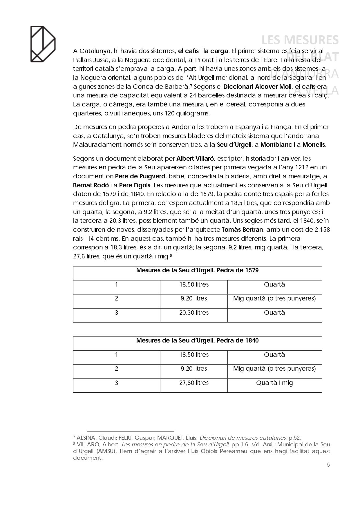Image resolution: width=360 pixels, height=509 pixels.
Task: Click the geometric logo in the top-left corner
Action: (x=43, y=44)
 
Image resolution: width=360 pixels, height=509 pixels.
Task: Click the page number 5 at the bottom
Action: (x=328, y=465)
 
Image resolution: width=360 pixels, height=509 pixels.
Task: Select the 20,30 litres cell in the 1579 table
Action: (x=194, y=313)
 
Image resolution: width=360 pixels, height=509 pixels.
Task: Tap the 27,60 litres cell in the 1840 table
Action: (x=194, y=383)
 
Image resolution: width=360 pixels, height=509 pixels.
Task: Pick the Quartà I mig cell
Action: (x=274, y=383)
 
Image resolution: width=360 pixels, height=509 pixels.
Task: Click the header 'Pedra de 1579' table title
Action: (x=197, y=271)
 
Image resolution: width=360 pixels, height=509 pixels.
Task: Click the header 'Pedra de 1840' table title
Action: (x=197, y=341)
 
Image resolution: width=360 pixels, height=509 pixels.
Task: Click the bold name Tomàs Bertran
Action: (x=242, y=230)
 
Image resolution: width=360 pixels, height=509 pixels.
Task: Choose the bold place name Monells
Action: (x=314, y=145)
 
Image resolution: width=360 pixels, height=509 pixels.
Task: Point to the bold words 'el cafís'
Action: (x=188, y=51)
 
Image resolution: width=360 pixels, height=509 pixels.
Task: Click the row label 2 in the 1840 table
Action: (x=117, y=369)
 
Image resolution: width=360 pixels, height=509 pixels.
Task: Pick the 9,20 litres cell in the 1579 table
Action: (x=194, y=298)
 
